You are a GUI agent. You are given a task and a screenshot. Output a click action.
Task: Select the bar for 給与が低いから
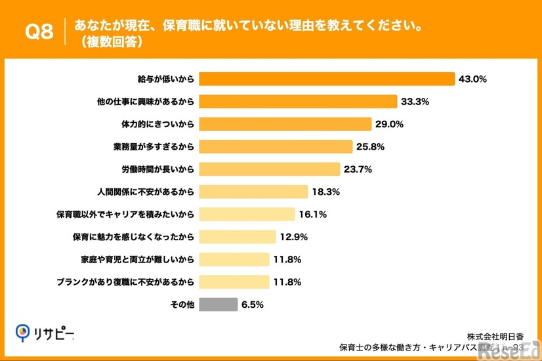326,79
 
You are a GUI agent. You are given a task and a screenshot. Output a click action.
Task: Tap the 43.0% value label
472,79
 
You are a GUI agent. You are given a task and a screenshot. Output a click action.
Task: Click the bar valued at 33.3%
298,101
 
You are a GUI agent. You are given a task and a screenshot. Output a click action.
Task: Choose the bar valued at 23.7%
269,169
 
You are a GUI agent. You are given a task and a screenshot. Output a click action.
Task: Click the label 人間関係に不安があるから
146,192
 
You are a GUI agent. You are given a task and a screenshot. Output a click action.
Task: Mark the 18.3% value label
325,192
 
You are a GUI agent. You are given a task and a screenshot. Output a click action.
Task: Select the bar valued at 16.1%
247,214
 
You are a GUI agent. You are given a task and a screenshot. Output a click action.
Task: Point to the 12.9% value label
294,236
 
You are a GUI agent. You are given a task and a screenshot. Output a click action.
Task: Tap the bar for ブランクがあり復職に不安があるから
234,282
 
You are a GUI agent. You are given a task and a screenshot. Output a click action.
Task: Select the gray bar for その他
218,305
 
